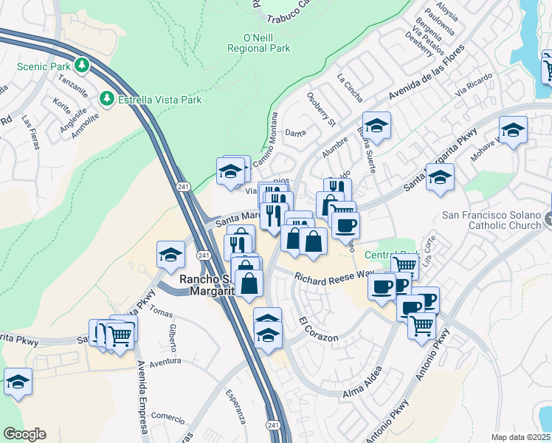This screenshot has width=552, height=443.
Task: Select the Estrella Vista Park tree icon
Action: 108,98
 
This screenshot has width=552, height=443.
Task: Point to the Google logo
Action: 24,434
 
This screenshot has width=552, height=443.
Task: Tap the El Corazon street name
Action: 319,330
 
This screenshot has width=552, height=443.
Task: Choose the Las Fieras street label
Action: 29,131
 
